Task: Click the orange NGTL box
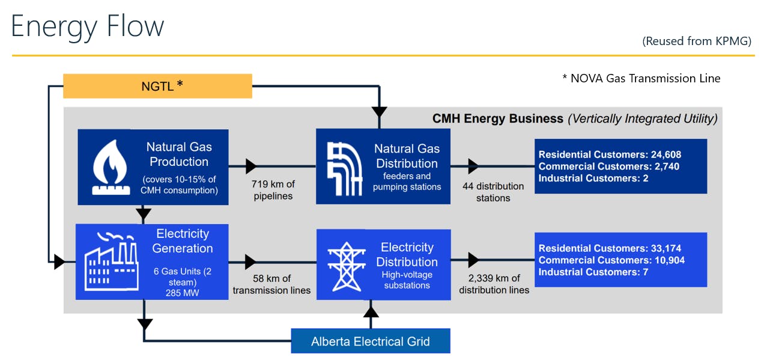(157, 86)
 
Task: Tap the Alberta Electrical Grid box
(370, 341)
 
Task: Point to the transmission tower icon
(347, 266)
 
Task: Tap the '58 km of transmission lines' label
(271, 284)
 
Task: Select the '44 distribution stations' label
(493, 192)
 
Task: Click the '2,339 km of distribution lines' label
(494, 284)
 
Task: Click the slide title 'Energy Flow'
(88, 26)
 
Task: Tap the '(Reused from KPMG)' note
(697, 41)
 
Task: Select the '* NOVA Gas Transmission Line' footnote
(641, 78)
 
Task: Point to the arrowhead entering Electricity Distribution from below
(371, 311)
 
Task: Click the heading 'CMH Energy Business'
(498, 118)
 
